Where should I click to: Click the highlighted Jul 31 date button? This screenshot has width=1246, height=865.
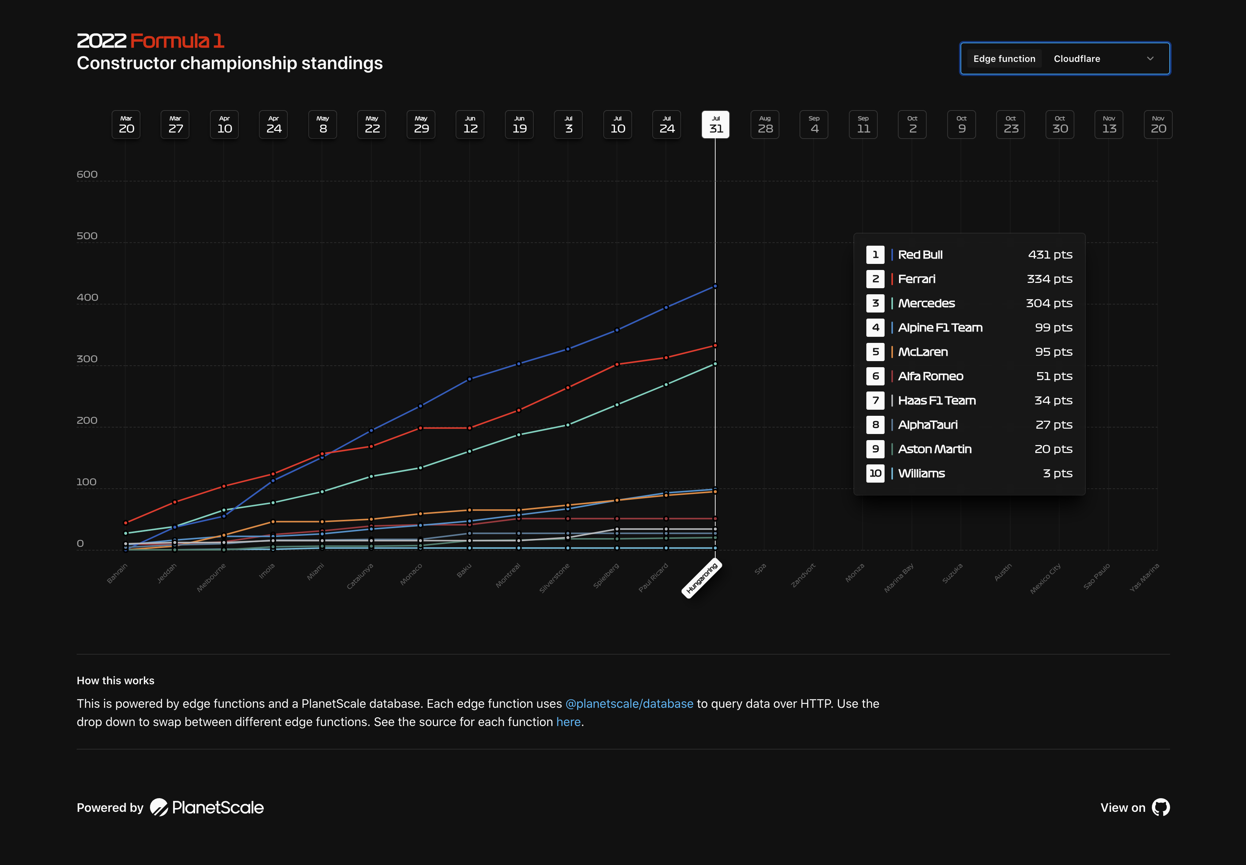click(x=715, y=125)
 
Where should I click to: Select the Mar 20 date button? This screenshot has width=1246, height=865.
click(x=126, y=125)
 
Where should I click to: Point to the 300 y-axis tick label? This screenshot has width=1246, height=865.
click(x=87, y=359)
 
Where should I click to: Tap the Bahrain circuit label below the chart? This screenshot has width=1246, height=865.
click(x=117, y=573)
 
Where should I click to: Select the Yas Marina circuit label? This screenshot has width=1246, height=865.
click(x=1144, y=577)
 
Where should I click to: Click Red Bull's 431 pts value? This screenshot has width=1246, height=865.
click(x=1050, y=255)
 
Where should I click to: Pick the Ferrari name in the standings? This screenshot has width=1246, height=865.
click(x=916, y=279)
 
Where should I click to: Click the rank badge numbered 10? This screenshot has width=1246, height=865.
click(x=875, y=473)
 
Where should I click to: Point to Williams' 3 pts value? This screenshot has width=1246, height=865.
click(x=1057, y=473)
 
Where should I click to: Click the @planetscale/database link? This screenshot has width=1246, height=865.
click(x=629, y=704)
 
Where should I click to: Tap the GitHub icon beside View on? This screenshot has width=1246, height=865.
click(x=1161, y=808)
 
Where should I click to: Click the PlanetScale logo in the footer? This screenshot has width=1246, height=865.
click(x=207, y=808)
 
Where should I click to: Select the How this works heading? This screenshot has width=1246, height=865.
click(x=115, y=681)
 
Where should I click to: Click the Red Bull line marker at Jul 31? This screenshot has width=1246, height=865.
click(x=715, y=286)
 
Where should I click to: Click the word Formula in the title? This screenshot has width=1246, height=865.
click(x=170, y=41)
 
